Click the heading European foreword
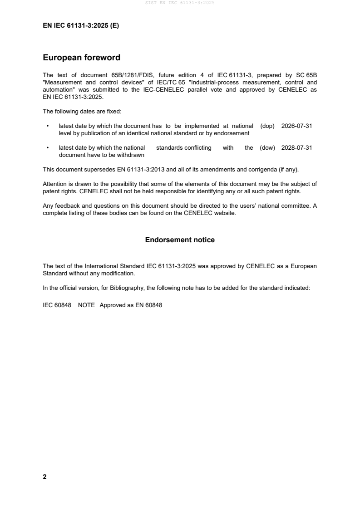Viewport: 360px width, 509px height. [81, 58]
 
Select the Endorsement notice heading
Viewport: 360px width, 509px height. [180, 240]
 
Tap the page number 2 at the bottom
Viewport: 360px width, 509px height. [44, 477]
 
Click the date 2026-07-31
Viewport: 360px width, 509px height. [297, 126]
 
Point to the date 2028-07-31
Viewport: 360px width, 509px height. [297, 148]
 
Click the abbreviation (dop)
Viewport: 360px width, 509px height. [267, 126]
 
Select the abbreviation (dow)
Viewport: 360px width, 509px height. [267, 148]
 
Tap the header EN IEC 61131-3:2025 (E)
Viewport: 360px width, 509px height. [81, 26]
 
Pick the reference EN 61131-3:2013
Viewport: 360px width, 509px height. [139, 170]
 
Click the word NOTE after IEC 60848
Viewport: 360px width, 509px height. [86, 305]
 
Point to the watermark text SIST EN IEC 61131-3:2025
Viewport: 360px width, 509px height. [180, 3]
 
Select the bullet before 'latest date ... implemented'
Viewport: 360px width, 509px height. [47, 126]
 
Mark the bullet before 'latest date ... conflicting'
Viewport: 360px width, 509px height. [47, 148]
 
